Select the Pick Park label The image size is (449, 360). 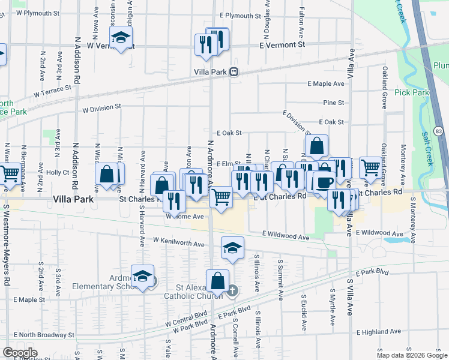coord(412,93)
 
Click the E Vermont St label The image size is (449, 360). coord(282,45)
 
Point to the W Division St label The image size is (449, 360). coord(101,107)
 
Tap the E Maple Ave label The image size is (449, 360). coord(326,84)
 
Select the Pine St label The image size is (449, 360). coord(333,103)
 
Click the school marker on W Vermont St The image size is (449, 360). coord(122,38)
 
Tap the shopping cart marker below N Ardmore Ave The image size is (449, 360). coord(221,196)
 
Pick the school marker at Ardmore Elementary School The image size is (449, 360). coord(142,276)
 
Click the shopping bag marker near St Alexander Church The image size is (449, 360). coord(217,280)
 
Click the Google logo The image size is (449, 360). coord(20,353)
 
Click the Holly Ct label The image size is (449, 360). coord(58,172)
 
